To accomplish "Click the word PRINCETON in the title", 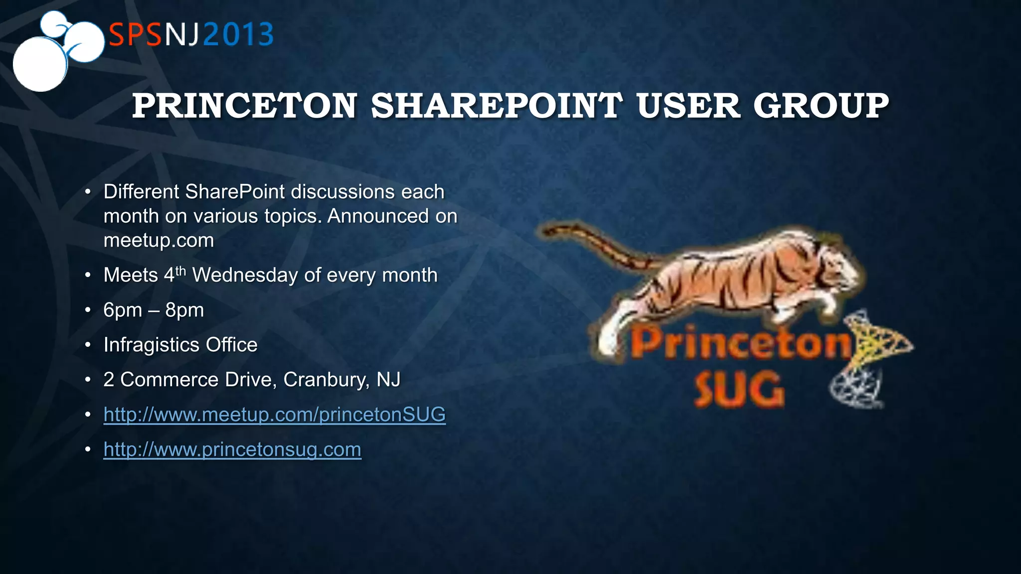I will tap(244, 106).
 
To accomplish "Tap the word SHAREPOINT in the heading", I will tap(497, 106).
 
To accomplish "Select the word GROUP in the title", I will tap(821, 106).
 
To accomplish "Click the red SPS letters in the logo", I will tap(135, 35).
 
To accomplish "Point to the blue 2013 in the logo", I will tap(238, 35).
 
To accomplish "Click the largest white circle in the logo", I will tap(40, 65).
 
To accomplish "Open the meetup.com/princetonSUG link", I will tap(274, 415).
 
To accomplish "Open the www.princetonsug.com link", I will tap(232, 449).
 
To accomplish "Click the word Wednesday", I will tap(245, 275).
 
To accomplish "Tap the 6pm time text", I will tap(123, 310).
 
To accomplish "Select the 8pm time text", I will tap(184, 310).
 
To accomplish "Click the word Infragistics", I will tap(152, 345).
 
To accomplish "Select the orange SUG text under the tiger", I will tap(739, 390).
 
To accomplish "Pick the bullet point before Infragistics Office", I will tap(88, 345).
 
